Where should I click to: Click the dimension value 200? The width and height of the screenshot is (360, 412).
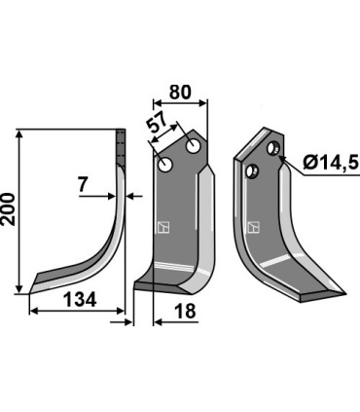pos(8,209)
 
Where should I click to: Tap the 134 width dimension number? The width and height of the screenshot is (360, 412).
pos(80,300)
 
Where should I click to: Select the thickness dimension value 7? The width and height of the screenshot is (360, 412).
pos(83,185)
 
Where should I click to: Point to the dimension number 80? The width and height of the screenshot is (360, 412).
pos(180,93)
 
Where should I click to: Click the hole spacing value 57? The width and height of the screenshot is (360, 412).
pos(158,122)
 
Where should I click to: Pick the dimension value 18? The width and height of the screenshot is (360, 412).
pos(185,311)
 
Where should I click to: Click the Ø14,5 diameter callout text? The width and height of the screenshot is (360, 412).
pos(331,162)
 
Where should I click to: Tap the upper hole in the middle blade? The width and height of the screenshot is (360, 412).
pos(193,147)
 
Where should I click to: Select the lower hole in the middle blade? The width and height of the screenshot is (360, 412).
pos(165,165)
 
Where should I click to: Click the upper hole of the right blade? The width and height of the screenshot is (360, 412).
pos(272,148)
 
